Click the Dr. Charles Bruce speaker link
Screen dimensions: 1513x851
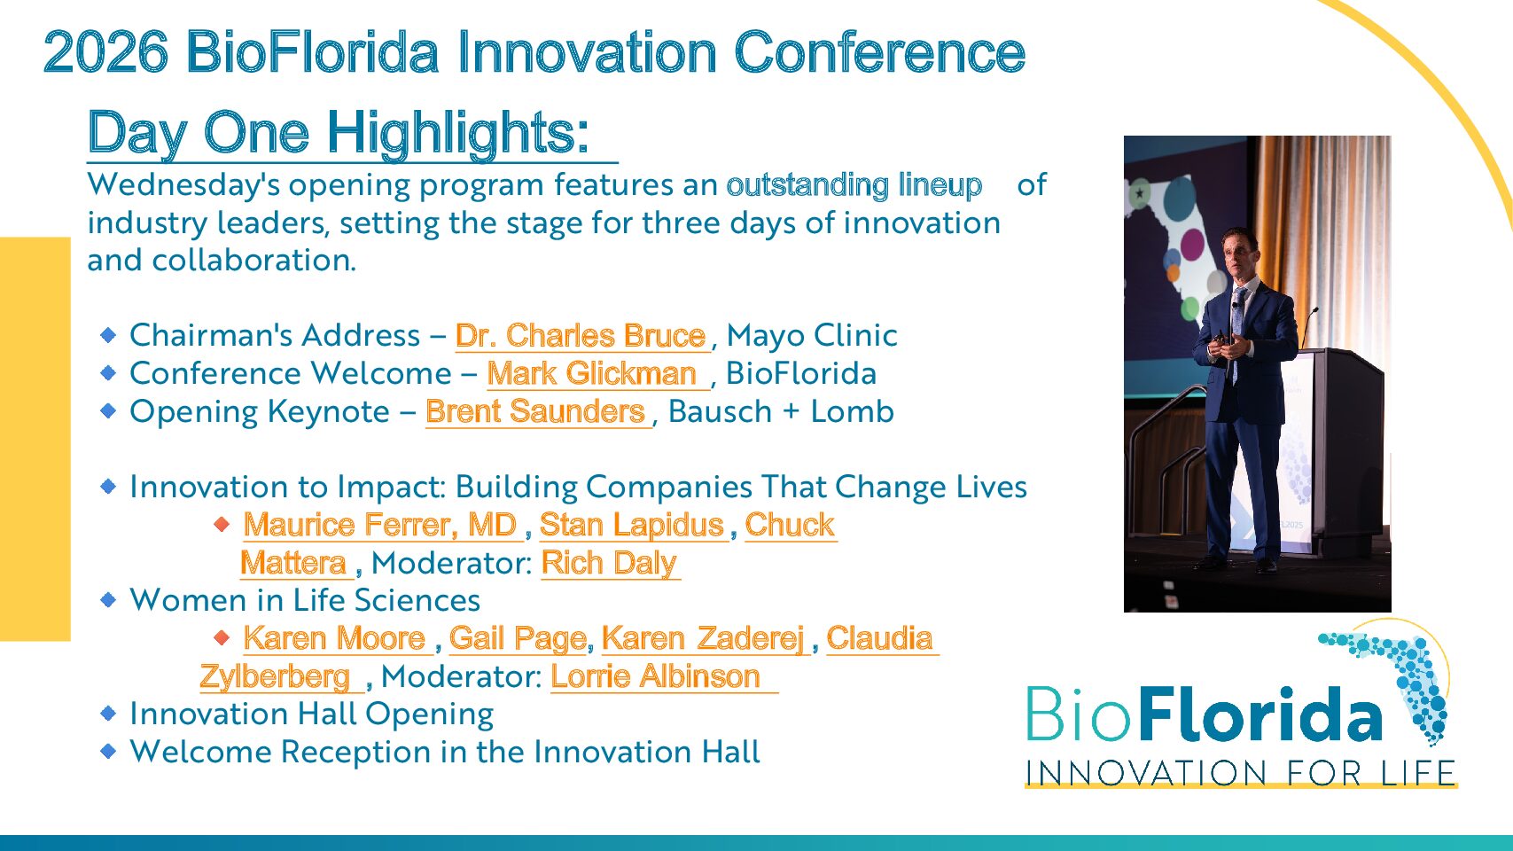click(x=581, y=336)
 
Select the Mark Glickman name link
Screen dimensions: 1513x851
click(x=592, y=373)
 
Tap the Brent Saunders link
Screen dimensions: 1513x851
click(x=535, y=411)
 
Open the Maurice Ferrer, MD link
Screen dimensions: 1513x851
click(x=380, y=525)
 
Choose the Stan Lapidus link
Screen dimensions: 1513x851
click(x=632, y=525)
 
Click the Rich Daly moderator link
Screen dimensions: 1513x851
click(x=609, y=563)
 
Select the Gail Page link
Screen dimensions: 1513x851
click(x=518, y=638)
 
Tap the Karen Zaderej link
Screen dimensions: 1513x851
click(x=703, y=638)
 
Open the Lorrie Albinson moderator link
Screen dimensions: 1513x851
click(x=656, y=676)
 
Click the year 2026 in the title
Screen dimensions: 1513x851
click(x=105, y=52)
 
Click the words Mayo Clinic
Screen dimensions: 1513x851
click(x=812, y=336)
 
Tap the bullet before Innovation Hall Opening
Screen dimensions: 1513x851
click(x=108, y=714)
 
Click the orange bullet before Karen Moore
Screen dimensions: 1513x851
click(x=222, y=637)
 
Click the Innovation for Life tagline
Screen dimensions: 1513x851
click(x=1240, y=773)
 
